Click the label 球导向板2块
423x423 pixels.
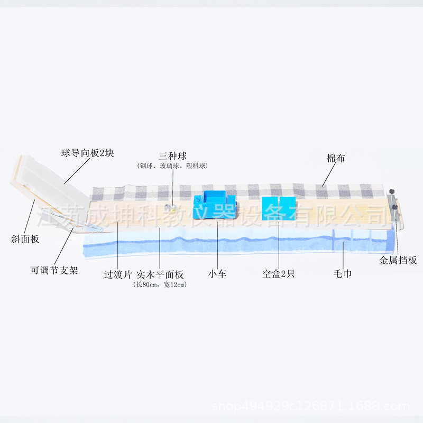click(x=87, y=154)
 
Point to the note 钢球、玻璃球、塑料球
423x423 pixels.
click(x=172, y=165)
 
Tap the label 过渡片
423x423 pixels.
click(x=117, y=274)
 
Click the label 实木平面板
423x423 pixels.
click(x=160, y=274)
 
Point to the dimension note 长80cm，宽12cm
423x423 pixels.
click(x=160, y=284)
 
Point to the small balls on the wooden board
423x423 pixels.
click(x=170, y=207)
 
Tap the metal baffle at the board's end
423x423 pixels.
click(x=393, y=209)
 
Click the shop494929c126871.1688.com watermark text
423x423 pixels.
click(x=311, y=407)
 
